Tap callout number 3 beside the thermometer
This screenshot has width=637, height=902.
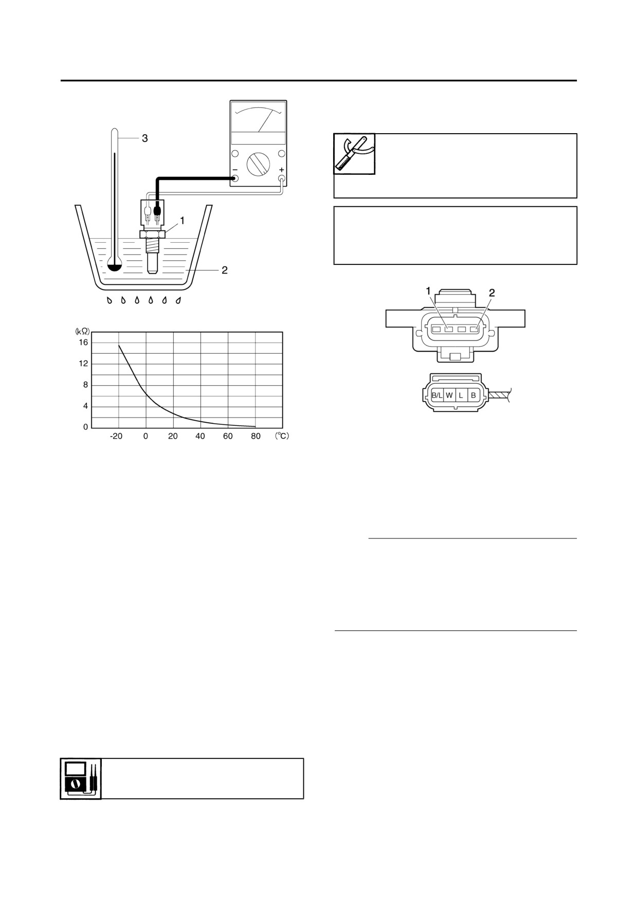[145, 138]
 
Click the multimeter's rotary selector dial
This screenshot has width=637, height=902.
[258, 164]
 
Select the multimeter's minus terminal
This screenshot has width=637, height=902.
[235, 179]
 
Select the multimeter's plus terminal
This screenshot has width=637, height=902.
[282, 179]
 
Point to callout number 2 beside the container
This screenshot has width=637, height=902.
[225, 269]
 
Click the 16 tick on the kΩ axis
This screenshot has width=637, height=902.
[83, 342]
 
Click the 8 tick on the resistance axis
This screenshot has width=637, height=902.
[85, 385]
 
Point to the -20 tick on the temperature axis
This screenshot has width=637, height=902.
[116, 436]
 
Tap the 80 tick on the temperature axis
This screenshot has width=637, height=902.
[256, 436]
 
